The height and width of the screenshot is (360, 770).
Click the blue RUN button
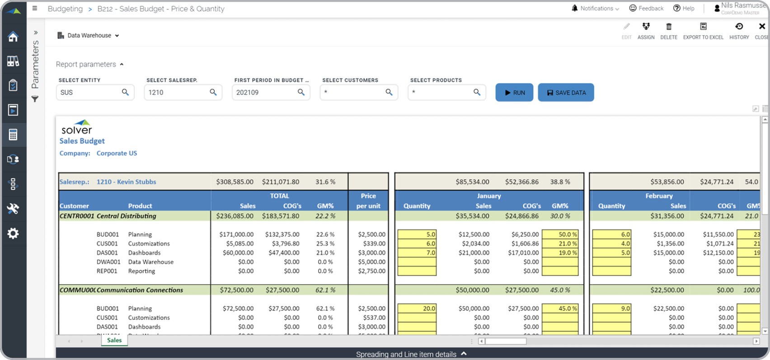(514, 93)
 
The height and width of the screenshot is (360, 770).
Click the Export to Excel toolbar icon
(703, 27)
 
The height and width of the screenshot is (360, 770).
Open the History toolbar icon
(739, 27)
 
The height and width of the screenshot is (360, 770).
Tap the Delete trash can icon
(669, 27)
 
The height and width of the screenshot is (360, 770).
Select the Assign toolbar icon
(646, 27)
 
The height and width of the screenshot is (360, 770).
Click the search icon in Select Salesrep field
(213, 92)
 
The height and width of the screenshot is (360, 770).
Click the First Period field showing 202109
(264, 93)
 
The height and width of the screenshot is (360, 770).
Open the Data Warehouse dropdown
(89, 36)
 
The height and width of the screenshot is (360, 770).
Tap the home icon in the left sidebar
(13, 37)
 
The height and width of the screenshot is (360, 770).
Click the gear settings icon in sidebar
(13, 234)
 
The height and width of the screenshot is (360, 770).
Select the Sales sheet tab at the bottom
(114, 341)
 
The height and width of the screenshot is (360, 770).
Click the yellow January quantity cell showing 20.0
(417, 309)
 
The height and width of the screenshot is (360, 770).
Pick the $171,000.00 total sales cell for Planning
(236, 234)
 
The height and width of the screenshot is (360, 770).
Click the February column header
(659, 196)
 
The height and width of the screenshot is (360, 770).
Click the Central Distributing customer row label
(126, 216)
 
